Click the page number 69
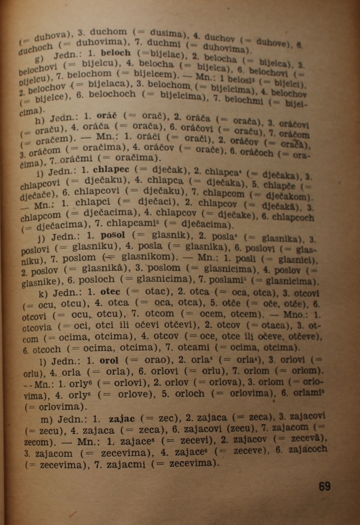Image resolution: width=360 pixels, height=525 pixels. pyautogui.click(x=324, y=487)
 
